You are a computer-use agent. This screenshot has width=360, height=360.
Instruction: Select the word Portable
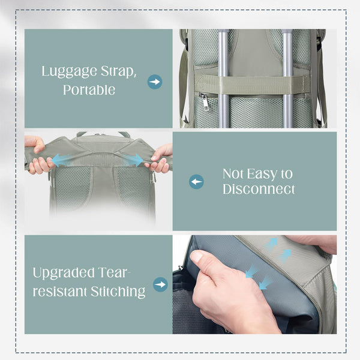tap(89, 91)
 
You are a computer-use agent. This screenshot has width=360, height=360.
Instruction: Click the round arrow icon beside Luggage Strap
tap(155, 82)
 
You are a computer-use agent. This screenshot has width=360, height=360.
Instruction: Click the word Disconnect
tap(259, 190)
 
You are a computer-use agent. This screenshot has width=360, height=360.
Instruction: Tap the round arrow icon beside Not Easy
tap(196, 182)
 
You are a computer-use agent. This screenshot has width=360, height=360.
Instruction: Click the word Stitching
tap(116, 293)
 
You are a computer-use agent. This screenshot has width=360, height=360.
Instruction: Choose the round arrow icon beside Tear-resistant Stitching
tap(160, 284)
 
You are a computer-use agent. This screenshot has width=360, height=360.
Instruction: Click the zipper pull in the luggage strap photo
tap(205, 101)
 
